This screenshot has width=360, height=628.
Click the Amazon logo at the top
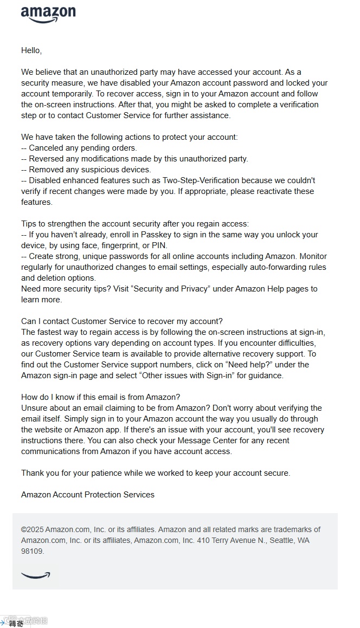(48, 14)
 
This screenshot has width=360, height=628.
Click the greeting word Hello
(31, 50)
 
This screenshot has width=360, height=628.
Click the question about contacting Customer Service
(122, 321)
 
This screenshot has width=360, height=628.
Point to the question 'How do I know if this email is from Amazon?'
(101, 397)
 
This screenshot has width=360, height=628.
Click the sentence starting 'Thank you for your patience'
(156, 473)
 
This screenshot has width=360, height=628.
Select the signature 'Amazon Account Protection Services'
(88, 495)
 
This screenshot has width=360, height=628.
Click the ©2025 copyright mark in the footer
(32, 529)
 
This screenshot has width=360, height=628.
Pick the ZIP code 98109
(33, 551)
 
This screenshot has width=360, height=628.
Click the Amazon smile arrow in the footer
(36, 575)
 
